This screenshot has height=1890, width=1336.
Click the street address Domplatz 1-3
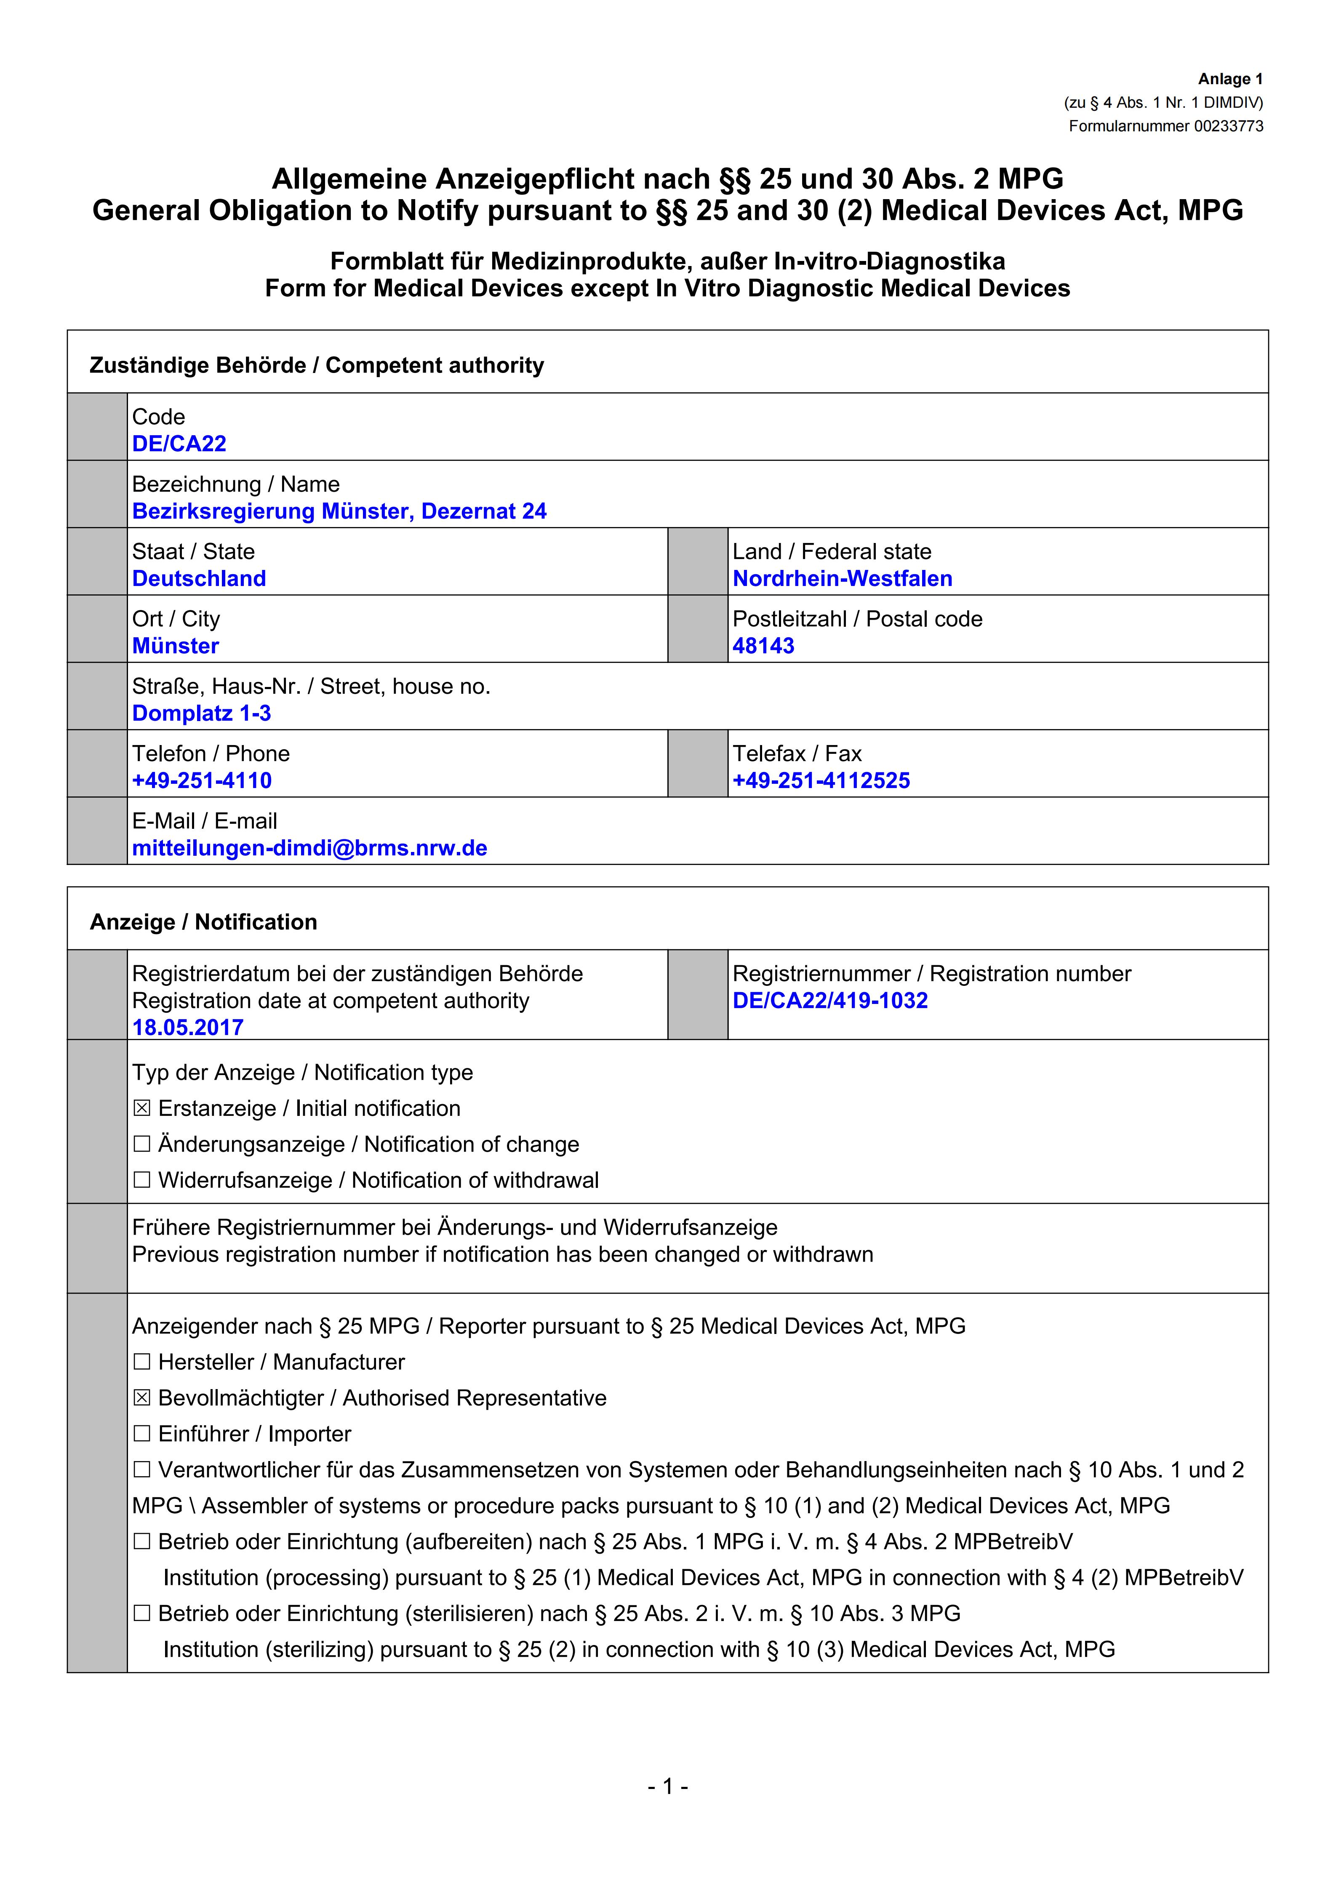(202, 713)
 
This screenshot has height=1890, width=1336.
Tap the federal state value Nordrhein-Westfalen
(842, 579)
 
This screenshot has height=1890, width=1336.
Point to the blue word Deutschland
(199, 579)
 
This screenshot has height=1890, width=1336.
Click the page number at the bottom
(668, 1786)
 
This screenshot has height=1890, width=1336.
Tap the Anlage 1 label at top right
(1230, 79)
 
